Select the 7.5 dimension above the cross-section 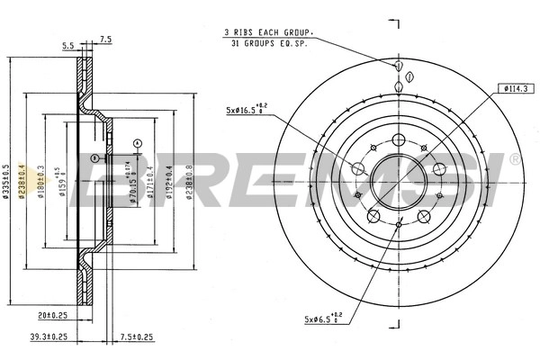coord(105,39)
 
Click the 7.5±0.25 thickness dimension coord(137,337)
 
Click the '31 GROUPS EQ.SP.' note coord(270,43)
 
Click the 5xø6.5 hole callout coord(319,318)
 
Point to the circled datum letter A coord(136,143)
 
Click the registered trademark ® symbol coord(514,159)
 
